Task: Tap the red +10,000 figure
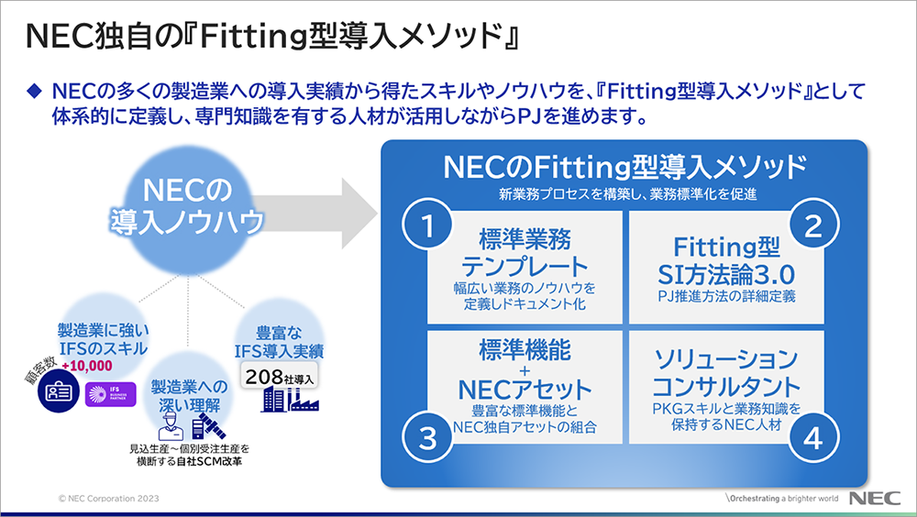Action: coord(86,365)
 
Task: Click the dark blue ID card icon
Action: coord(56,395)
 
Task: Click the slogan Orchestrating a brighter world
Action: coord(780,499)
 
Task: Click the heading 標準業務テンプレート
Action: coord(524,253)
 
